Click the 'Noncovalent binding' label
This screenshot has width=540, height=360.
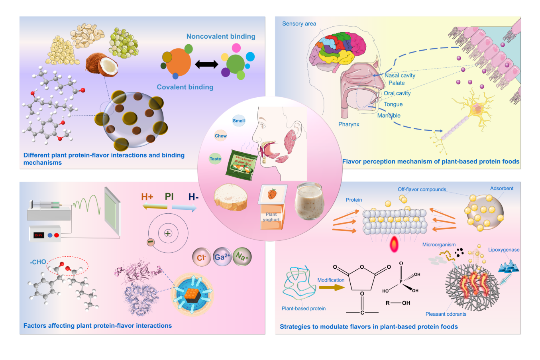pyautogui.click(x=221, y=36)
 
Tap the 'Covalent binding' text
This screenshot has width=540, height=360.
pyautogui.click(x=185, y=87)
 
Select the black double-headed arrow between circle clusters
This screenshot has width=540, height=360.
pyautogui.click(x=206, y=64)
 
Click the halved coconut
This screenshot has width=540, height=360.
pyautogui.click(x=102, y=65)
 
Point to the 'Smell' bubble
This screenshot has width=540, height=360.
pyautogui.click(x=239, y=121)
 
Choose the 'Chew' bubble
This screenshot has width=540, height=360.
pyautogui.click(x=220, y=136)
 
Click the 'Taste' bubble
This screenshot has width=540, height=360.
pyautogui.click(x=215, y=159)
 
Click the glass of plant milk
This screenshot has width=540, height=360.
pyautogui.click(x=310, y=201)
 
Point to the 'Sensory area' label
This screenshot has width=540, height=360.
pyautogui.click(x=299, y=24)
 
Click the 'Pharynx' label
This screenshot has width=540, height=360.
pyautogui.click(x=349, y=124)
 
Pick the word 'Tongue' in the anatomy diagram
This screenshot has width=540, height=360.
pyautogui.click(x=393, y=104)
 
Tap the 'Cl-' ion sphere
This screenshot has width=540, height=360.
pyautogui.click(x=201, y=258)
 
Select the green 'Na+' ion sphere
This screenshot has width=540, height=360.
pyautogui.click(x=242, y=256)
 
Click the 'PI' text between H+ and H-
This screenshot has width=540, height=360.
pyautogui.click(x=169, y=197)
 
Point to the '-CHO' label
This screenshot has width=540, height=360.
pyautogui.click(x=38, y=262)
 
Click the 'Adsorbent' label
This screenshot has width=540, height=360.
pyautogui.click(x=502, y=188)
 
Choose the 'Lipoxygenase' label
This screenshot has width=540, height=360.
pyautogui.click(x=504, y=250)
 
